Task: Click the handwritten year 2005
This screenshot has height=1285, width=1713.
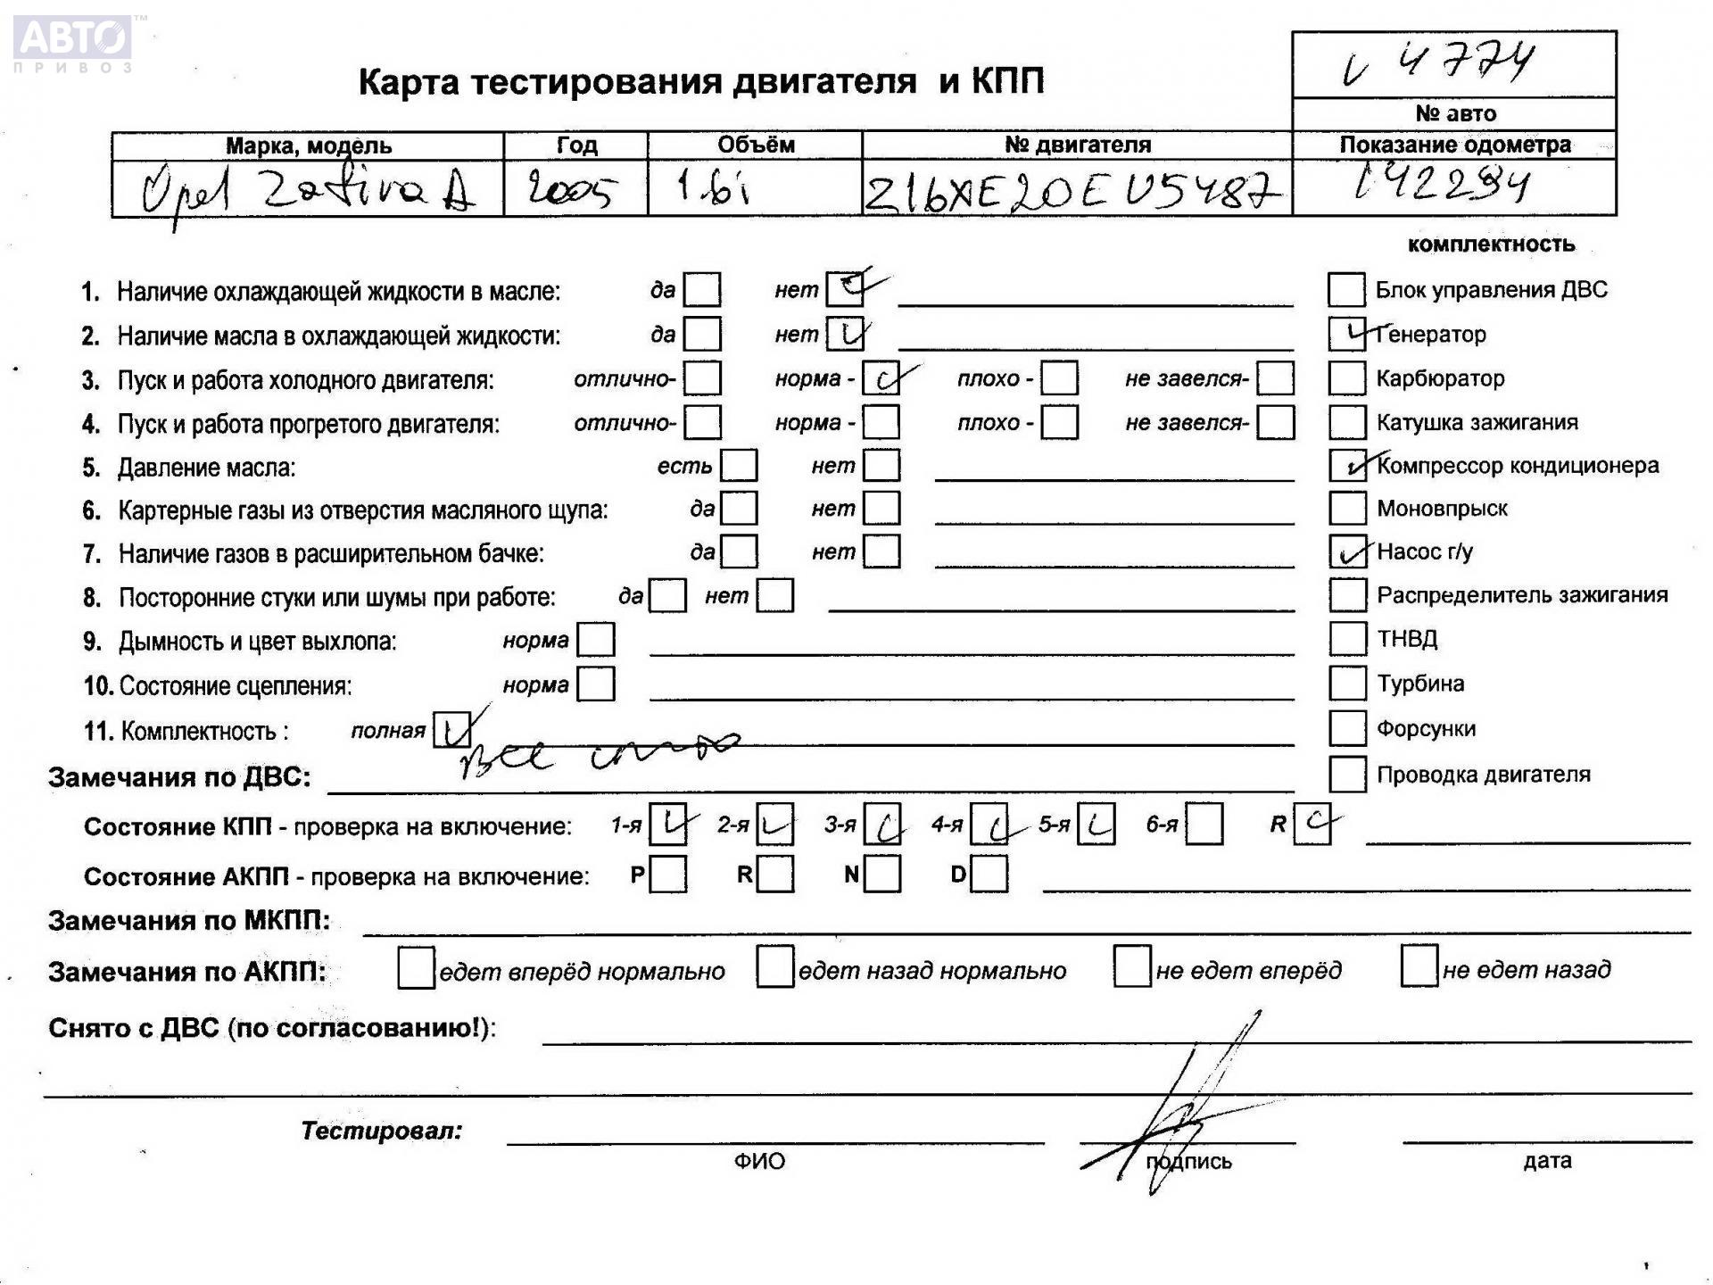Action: [571, 189]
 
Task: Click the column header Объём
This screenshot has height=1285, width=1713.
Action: [755, 145]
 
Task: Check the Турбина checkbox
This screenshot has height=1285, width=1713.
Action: [1347, 684]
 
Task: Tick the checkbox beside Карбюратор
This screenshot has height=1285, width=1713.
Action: [1346, 378]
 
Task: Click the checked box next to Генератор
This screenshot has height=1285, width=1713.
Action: [1346, 334]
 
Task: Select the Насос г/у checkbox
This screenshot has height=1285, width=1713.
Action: [1347, 551]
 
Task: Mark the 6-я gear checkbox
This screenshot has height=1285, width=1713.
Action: [1204, 825]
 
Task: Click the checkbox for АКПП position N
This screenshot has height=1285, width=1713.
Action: [882, 875]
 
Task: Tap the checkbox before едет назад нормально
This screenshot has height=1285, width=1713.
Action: [774, 968]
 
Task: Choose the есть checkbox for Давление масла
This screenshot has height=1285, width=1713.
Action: [739, 466]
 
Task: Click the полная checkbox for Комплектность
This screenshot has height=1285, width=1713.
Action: [451, 731]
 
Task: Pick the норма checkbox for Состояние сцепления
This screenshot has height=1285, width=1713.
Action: [596, 684]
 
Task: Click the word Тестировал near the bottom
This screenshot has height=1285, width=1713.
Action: [381, 1131]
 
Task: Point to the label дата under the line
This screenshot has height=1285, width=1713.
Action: [1547, 1160]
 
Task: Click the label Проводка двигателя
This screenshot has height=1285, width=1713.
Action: [1483, 775]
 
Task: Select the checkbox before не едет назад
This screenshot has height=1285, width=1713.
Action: [1419, 967]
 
